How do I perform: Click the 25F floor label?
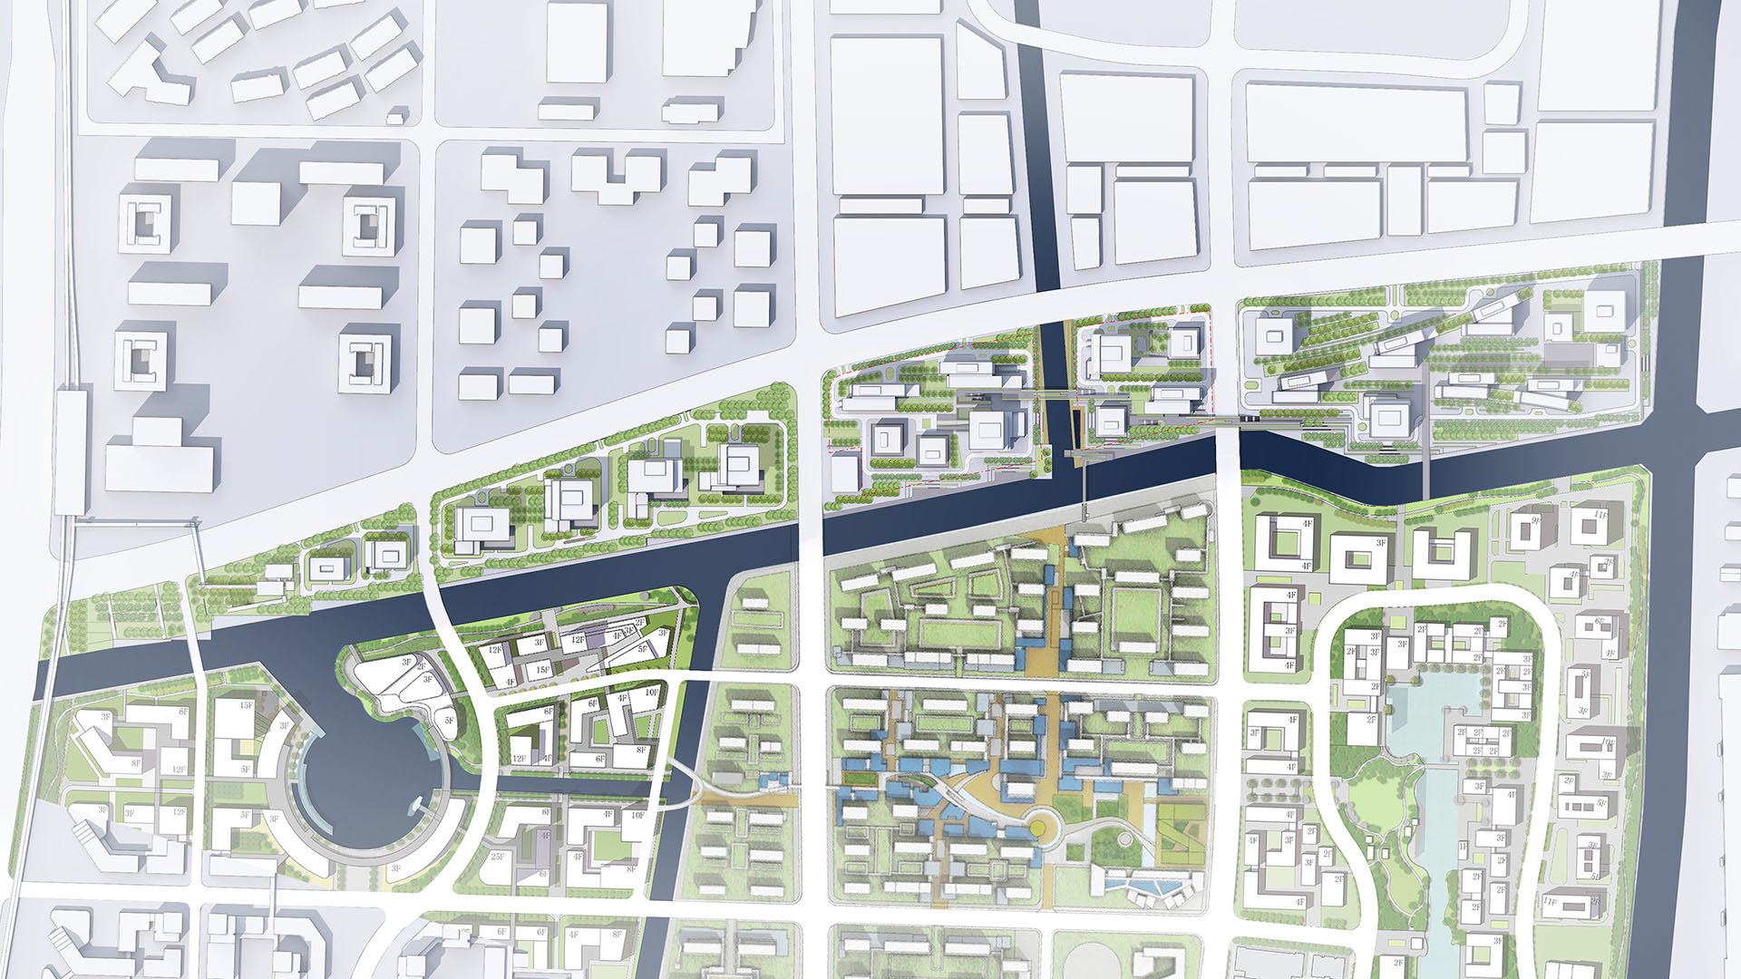[497, 857]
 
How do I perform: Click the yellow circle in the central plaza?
[1044, 826]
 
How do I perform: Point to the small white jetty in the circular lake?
[419, 804]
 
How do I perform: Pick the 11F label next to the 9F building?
[1600, 515]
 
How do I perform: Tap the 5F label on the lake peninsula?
[448, 721]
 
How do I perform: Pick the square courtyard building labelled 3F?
[1358, 557]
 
